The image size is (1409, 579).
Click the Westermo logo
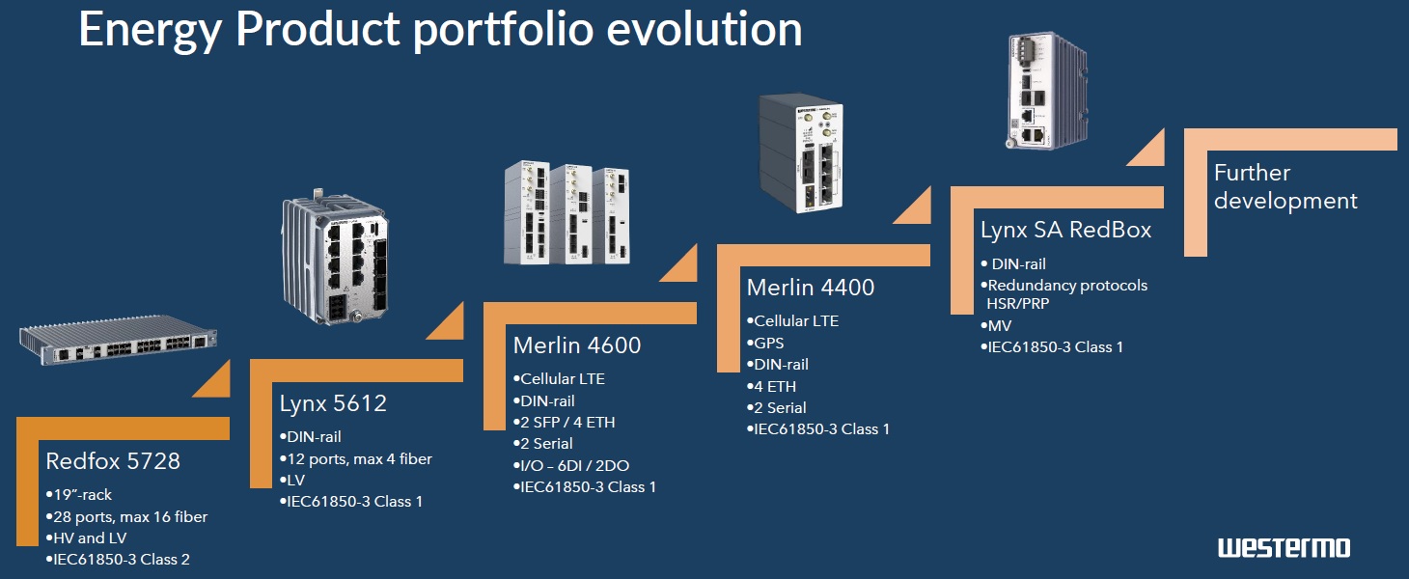1284,547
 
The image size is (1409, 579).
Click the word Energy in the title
150,30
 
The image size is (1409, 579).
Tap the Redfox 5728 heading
113,461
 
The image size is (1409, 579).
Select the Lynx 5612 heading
333,403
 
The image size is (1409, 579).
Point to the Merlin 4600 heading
577,345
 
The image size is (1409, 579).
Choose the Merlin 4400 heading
811,288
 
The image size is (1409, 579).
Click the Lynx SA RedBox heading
1066,230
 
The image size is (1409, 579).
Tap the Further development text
1285,186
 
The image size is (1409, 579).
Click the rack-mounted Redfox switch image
119,340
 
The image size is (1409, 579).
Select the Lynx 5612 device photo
335,257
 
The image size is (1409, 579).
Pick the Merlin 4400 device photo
801,153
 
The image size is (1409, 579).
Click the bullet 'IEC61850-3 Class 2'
118,560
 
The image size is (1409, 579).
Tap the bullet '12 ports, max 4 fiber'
356,459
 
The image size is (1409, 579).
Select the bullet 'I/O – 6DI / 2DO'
571,466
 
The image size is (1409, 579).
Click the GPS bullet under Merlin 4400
765,344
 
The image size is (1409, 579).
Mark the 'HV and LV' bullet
87,538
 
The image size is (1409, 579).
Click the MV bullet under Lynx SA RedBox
996,325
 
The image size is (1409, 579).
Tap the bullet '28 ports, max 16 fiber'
126,517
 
